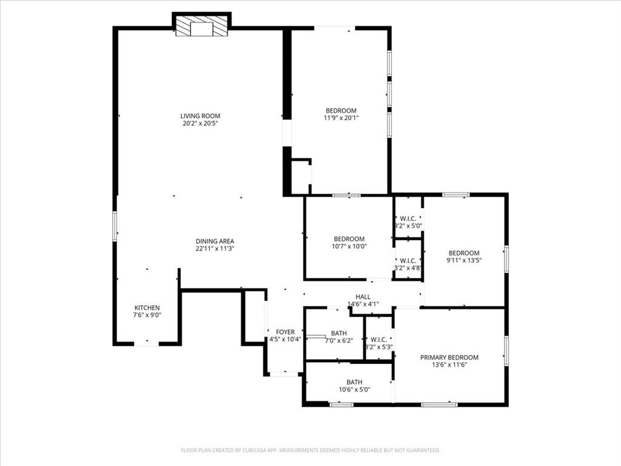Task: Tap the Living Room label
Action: click(200, 116)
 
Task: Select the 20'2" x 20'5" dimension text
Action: click(200, 123)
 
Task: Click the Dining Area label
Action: click(215, 241)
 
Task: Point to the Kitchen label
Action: click(147, 308)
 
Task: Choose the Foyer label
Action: click(285, 332)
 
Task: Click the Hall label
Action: click(363, 297)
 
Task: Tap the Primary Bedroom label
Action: click(449, 357)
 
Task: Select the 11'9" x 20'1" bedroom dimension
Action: click(341, 118)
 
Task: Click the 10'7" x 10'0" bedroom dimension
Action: click(349, 246)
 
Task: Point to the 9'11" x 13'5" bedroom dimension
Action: click(464, 261)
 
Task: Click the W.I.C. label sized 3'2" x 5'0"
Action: click(408, 218)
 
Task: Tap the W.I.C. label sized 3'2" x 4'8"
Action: click(408, 260)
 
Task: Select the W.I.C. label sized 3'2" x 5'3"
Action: click(379, 340)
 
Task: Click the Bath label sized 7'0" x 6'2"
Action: click(339, 333)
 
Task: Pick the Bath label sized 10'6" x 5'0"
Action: click(354, 382)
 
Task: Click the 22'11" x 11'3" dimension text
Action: click(215, 248)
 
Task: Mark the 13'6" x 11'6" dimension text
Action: click(449, 365)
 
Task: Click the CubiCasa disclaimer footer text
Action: click(310, 450)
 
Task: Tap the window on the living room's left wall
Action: click(114, 226)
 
